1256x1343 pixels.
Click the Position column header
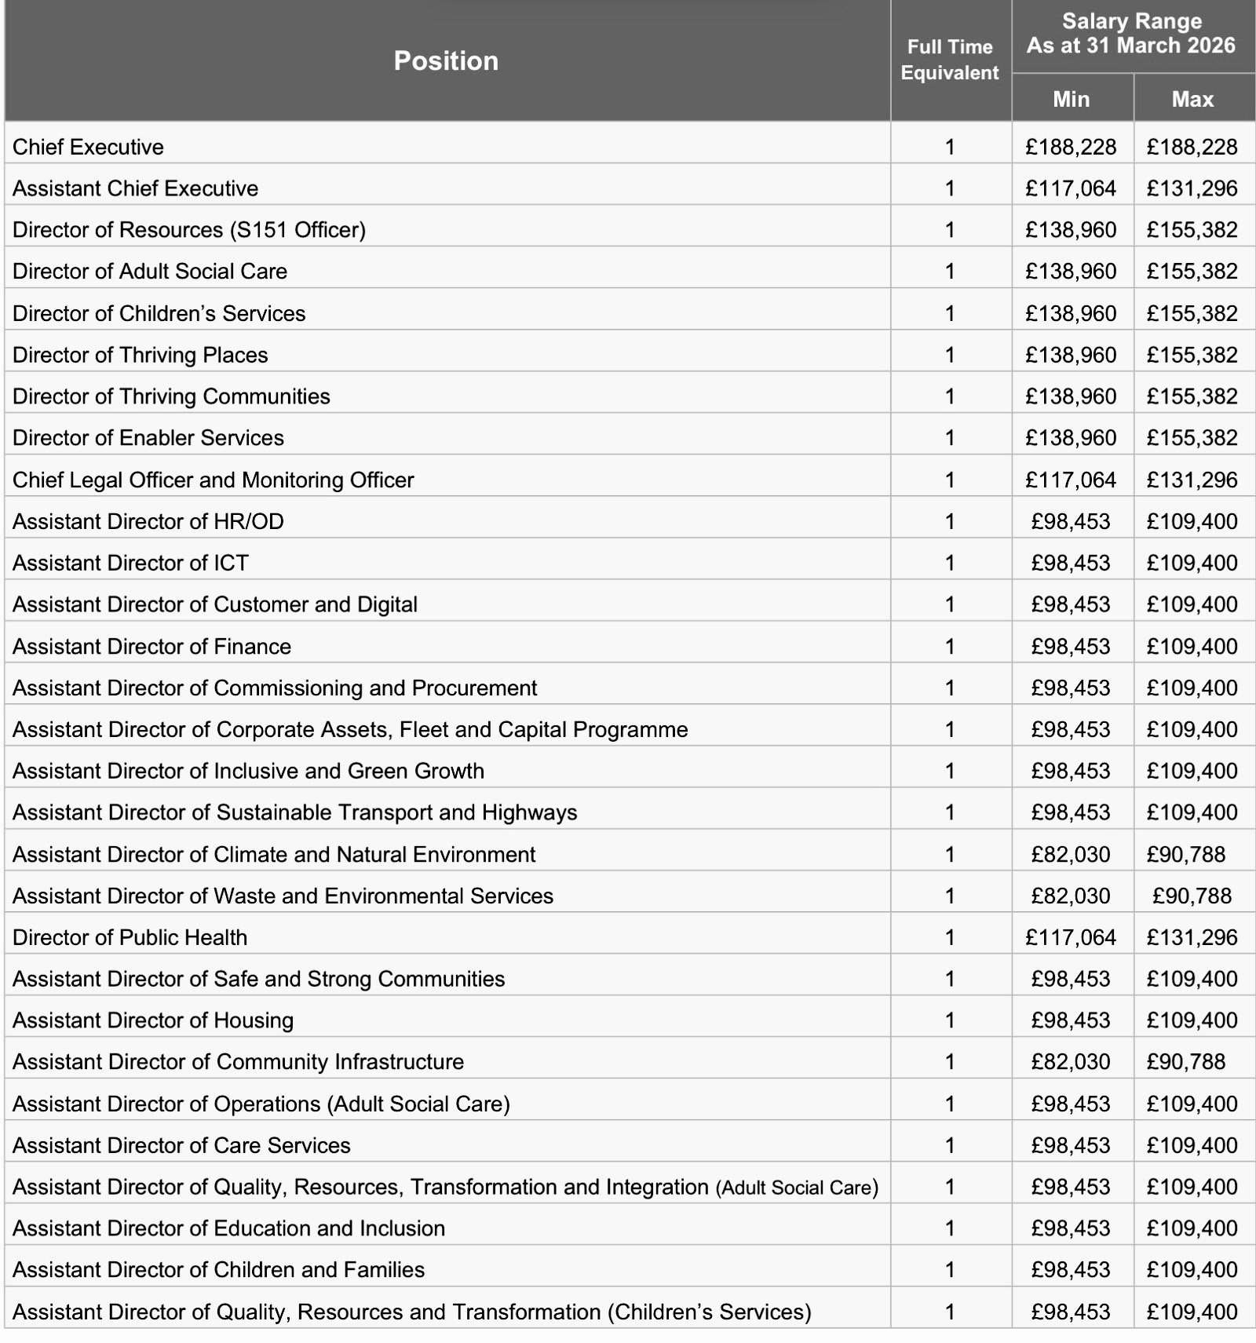446,60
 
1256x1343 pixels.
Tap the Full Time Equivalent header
950,60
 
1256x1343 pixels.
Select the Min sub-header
1071,99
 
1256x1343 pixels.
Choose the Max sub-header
1192,99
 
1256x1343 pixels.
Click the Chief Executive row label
88,147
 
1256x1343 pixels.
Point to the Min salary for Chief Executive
1071,147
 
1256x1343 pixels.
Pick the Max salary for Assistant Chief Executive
1192,188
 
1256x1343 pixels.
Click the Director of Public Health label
130,937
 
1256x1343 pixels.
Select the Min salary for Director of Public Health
1071,937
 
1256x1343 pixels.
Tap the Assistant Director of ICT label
130,563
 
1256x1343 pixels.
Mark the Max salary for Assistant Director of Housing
1192,1020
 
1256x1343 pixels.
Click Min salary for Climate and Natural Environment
1071,854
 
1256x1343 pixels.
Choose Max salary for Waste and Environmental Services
1192,896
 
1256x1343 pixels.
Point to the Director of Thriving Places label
140,355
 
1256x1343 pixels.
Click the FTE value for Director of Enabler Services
950,438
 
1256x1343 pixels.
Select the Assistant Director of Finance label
152,646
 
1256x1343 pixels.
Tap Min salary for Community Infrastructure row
1071,1062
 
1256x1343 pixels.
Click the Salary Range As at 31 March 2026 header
1131,34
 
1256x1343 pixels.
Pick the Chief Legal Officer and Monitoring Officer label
213,480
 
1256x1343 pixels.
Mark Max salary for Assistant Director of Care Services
1192,1145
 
